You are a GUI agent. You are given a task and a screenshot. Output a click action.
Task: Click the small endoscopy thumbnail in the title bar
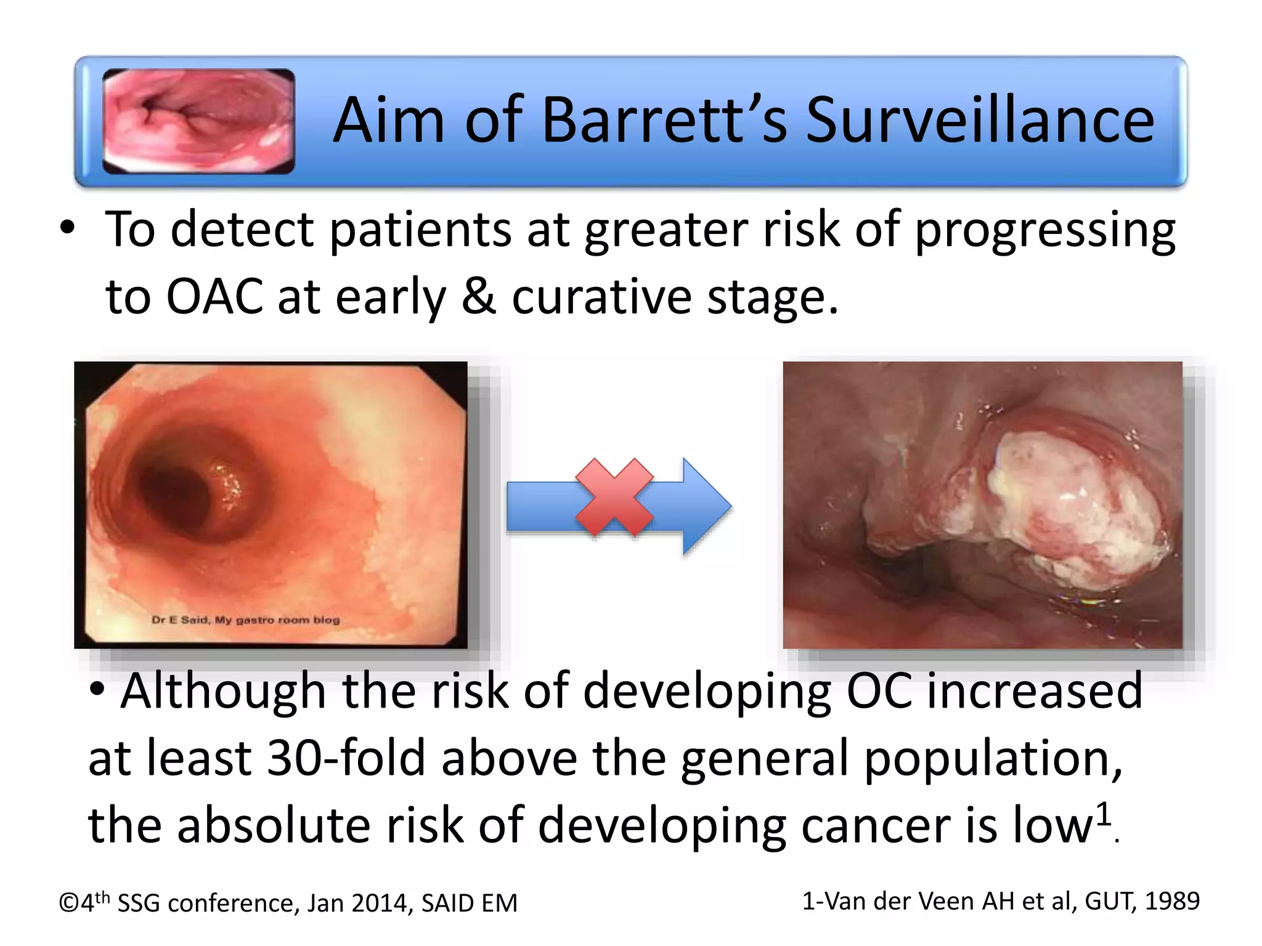pyautogui.click(x=198, y=121)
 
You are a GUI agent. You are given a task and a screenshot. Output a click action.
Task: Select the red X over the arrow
pyautogui.click(x=614, y=496)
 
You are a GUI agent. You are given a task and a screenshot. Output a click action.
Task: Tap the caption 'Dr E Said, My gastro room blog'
pyautogui.click(x=245, y=620)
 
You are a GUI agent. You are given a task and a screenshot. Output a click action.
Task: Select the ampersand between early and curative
pyautogui.click(x=478, y=297)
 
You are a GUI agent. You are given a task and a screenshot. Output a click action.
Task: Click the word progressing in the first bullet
pyautogui.click(x=1044, y=230)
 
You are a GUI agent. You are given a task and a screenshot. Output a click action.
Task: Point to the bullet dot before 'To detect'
pyautogui.click(x=67, y=229)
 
